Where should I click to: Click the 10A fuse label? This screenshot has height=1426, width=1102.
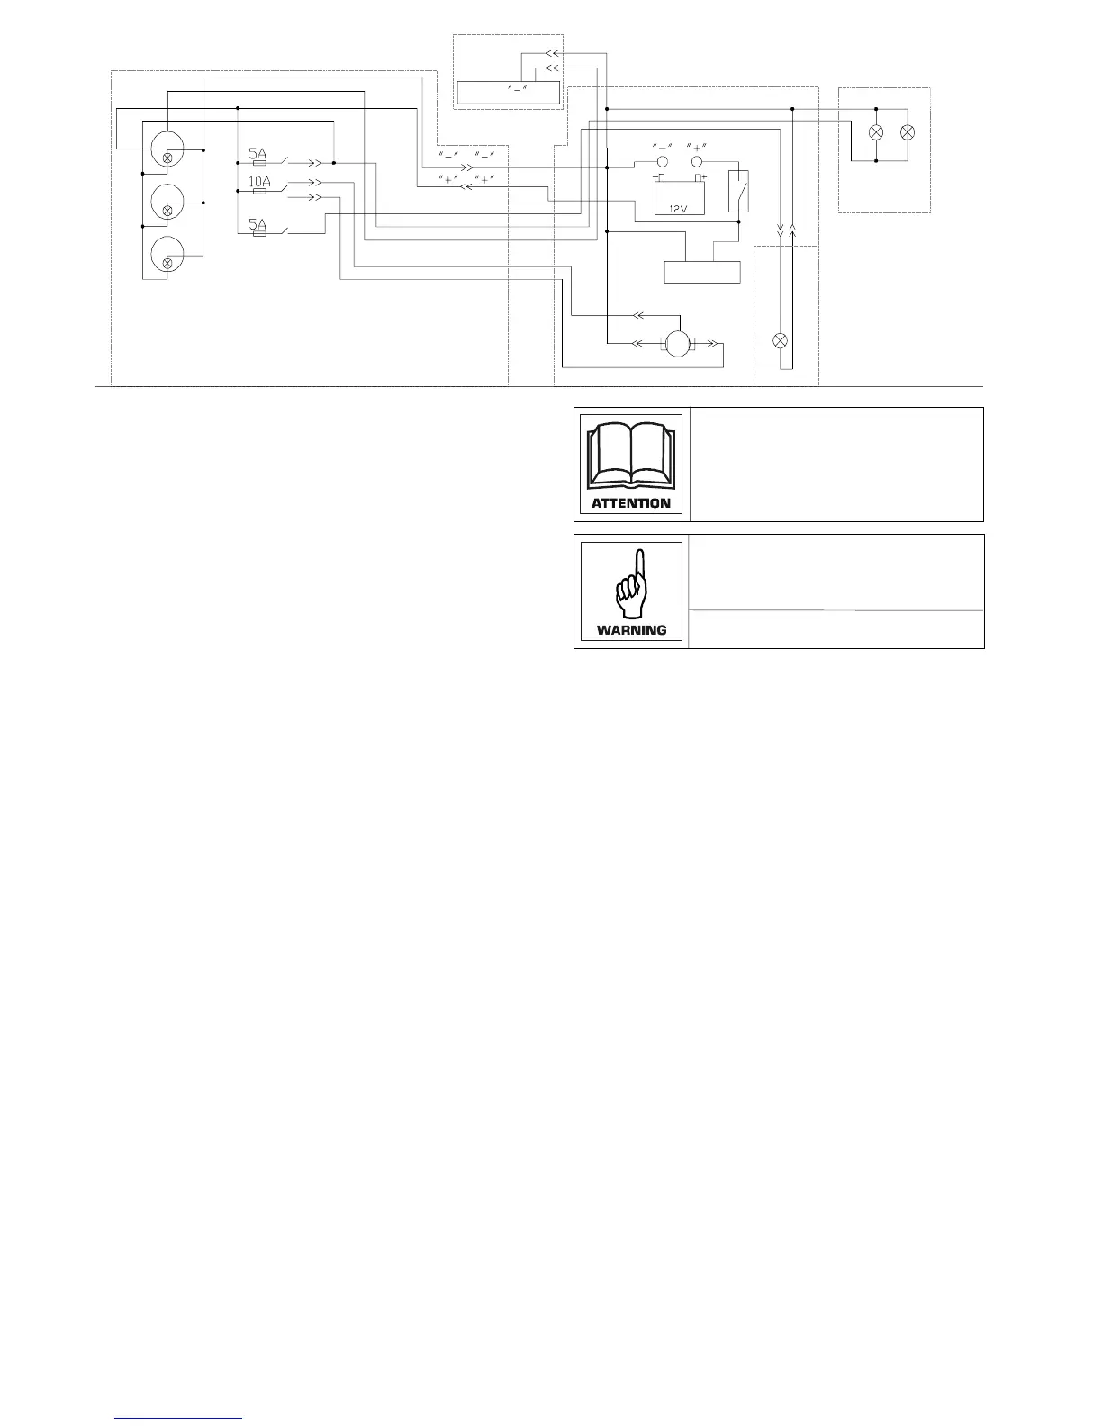point(259,182)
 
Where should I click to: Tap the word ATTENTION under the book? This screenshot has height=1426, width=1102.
point(631,503)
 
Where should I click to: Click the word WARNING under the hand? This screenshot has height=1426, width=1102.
point(631,630)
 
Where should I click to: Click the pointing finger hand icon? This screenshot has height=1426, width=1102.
point(631,584)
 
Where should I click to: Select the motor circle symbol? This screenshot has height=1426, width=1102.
point(675,343)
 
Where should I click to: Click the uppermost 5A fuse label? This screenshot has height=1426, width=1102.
point(257,153)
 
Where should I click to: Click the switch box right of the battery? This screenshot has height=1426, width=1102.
point(738,191)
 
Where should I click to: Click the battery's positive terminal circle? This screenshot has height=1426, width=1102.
point(697,162)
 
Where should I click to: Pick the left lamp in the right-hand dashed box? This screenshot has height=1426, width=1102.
point(875,132)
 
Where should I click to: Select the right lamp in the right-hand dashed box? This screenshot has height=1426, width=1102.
point(908,132)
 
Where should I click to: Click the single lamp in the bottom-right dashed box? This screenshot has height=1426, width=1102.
point(781,341)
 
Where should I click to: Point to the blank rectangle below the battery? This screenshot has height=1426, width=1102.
point(702,272)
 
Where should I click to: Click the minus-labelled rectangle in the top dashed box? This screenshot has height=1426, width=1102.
point(509,93)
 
